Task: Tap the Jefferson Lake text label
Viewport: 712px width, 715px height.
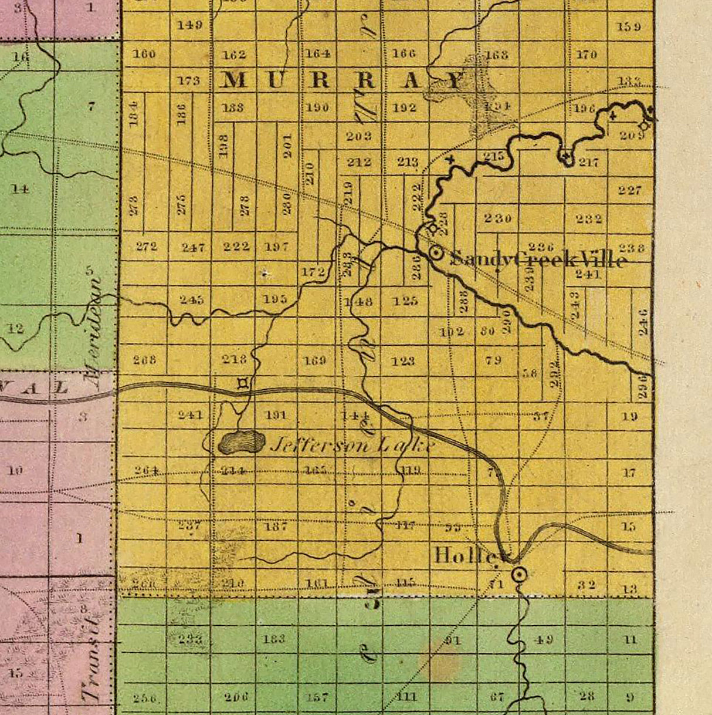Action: click(352, 446)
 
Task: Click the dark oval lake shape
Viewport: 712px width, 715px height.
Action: click(241, 442)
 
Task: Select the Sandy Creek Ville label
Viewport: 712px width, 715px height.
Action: click(537, 259)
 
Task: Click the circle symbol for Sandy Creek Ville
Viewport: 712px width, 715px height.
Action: click(436, 253)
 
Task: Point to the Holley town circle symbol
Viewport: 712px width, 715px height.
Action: click(518, 574)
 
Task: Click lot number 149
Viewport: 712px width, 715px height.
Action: click(189, 25)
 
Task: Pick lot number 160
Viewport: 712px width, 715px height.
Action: click(144, 54)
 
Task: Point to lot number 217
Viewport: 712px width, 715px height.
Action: click(588, 162)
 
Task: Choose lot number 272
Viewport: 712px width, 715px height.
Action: click(146, 247)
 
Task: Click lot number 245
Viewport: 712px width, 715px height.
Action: click(192, 300)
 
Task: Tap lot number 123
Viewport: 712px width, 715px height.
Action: click(403, 361)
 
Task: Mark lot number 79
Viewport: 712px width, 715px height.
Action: click(493, 359)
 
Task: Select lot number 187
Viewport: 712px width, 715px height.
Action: click(275, 526)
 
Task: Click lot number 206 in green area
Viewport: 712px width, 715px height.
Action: click(236, 697)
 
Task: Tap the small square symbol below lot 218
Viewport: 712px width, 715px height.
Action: click(243, 385)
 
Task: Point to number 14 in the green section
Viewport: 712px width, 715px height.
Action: click(21, 189)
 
